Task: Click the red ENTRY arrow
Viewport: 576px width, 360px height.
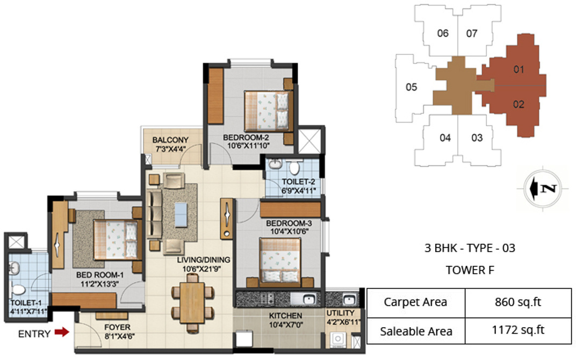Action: pyautogui.click(x=62, y=333)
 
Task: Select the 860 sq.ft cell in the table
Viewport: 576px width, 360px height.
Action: pyautogui.click(x=518, y=302)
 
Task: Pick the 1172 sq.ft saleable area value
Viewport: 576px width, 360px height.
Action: pyautogui.click(x=518, y=331)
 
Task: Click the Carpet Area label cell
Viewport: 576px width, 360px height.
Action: pyautogui.click(x=415, y=302)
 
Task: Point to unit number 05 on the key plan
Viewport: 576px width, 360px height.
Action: pyautogui.click(x=411, y=87)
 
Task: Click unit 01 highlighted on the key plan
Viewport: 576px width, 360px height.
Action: pyautogui.click(x=518, y=69)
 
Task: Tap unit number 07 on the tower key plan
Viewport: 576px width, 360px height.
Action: pyautogui.click(x=472, y=33)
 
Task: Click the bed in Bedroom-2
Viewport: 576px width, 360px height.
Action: pyautogui.click(x=267, y=111)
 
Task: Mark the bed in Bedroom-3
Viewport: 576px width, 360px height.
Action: pyautogui.click(x=280, y=260)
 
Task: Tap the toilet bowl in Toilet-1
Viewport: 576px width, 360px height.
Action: pyautogui.click(x=18, y=291)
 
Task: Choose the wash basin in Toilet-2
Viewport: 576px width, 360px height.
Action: pyautogui.click(x=275, y=164)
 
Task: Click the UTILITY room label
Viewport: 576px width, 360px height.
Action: pyautogui.click(x=341, y=313)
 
